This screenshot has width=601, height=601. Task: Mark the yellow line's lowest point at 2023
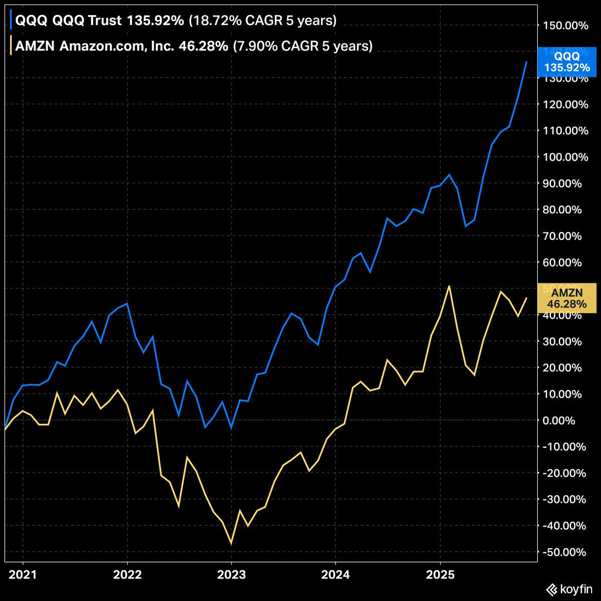(x=231, y=543)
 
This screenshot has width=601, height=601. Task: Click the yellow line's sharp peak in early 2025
(x=450, y=286)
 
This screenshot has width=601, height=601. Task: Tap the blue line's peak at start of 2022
(x=127, y=304)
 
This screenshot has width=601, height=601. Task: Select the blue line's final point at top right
(x=526, y=62)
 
